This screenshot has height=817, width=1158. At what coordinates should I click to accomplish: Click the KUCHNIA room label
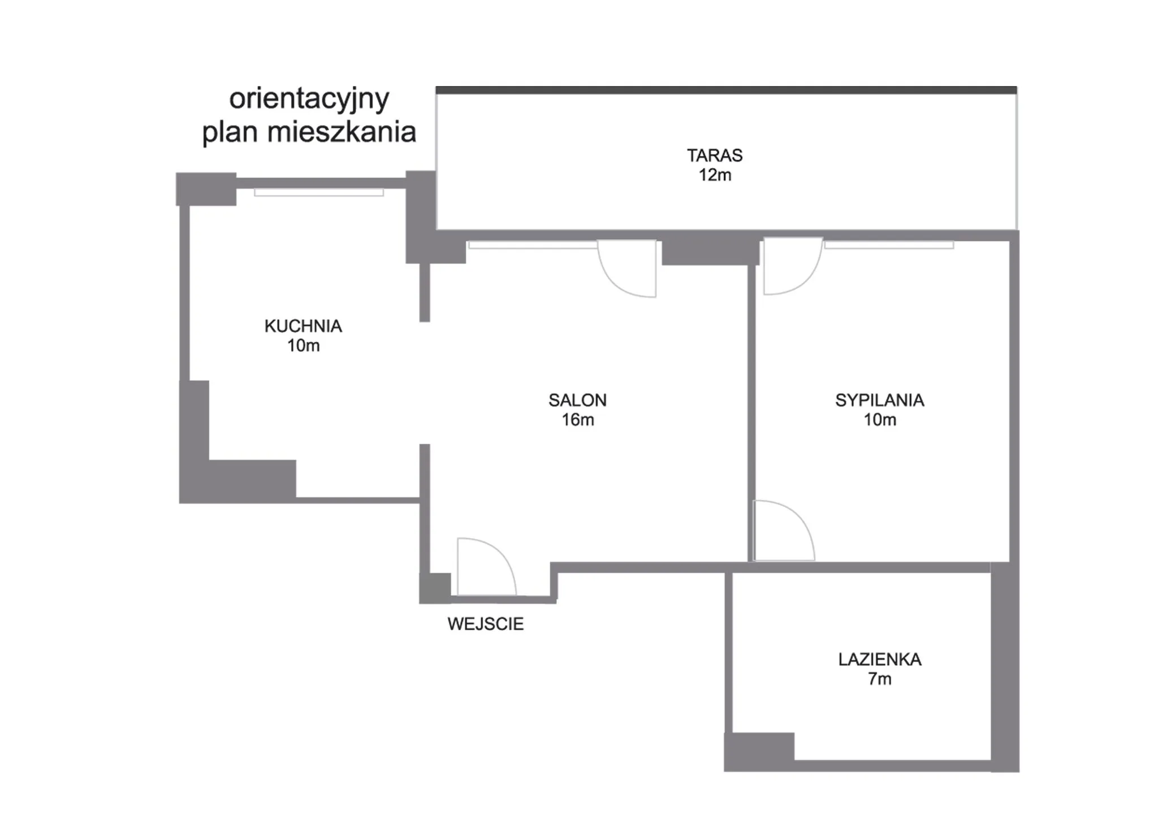click(303, 326)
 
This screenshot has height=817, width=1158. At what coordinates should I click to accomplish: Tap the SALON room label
click(577, 400)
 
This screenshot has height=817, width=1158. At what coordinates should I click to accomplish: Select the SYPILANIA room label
click(879, 400)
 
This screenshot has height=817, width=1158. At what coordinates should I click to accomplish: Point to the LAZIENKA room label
click(879, 659)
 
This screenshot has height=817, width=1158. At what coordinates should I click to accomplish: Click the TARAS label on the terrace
click(715, 155)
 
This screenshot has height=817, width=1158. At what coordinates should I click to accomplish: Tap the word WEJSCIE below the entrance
click(485, 623)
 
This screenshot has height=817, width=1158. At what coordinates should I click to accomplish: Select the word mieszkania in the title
click(342, 132)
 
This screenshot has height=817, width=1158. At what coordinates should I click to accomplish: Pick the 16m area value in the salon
click(577, 419)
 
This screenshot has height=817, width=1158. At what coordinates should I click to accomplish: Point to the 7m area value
click(879, 678)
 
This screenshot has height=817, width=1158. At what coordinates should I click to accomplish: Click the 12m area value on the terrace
click(715, 175)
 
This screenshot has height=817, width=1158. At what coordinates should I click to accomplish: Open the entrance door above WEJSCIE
click(486, 566)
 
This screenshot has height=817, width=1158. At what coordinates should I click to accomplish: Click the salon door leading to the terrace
click(627, 268)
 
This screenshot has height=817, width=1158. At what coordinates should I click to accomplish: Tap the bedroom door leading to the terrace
click(793, 266)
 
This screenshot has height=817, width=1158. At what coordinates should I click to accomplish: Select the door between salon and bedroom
click(784, 531)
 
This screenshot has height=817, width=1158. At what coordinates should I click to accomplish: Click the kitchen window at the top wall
click(319, 192)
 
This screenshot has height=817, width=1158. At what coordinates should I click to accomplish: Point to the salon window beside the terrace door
click(533, 245)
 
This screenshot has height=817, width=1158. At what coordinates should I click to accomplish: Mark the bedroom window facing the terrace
click(889, 245)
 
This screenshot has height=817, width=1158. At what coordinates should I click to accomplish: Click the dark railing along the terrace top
click(726, 90)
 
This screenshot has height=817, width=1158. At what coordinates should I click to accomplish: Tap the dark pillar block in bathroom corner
click(759, 746)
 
